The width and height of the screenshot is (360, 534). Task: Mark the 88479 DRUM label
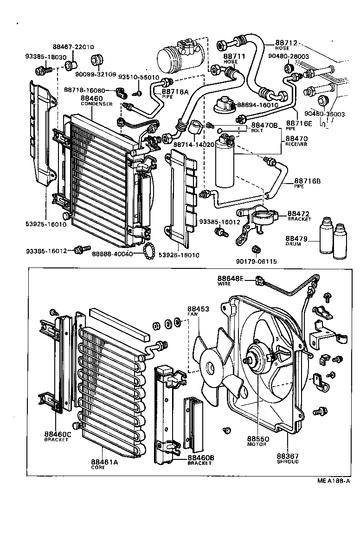click(x=297, y=241)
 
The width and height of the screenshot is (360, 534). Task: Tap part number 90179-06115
click(x=257, y=261)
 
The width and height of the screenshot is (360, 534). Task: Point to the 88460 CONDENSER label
click(x=96, y=101)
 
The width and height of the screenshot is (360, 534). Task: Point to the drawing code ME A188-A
click(x=333, y=481)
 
